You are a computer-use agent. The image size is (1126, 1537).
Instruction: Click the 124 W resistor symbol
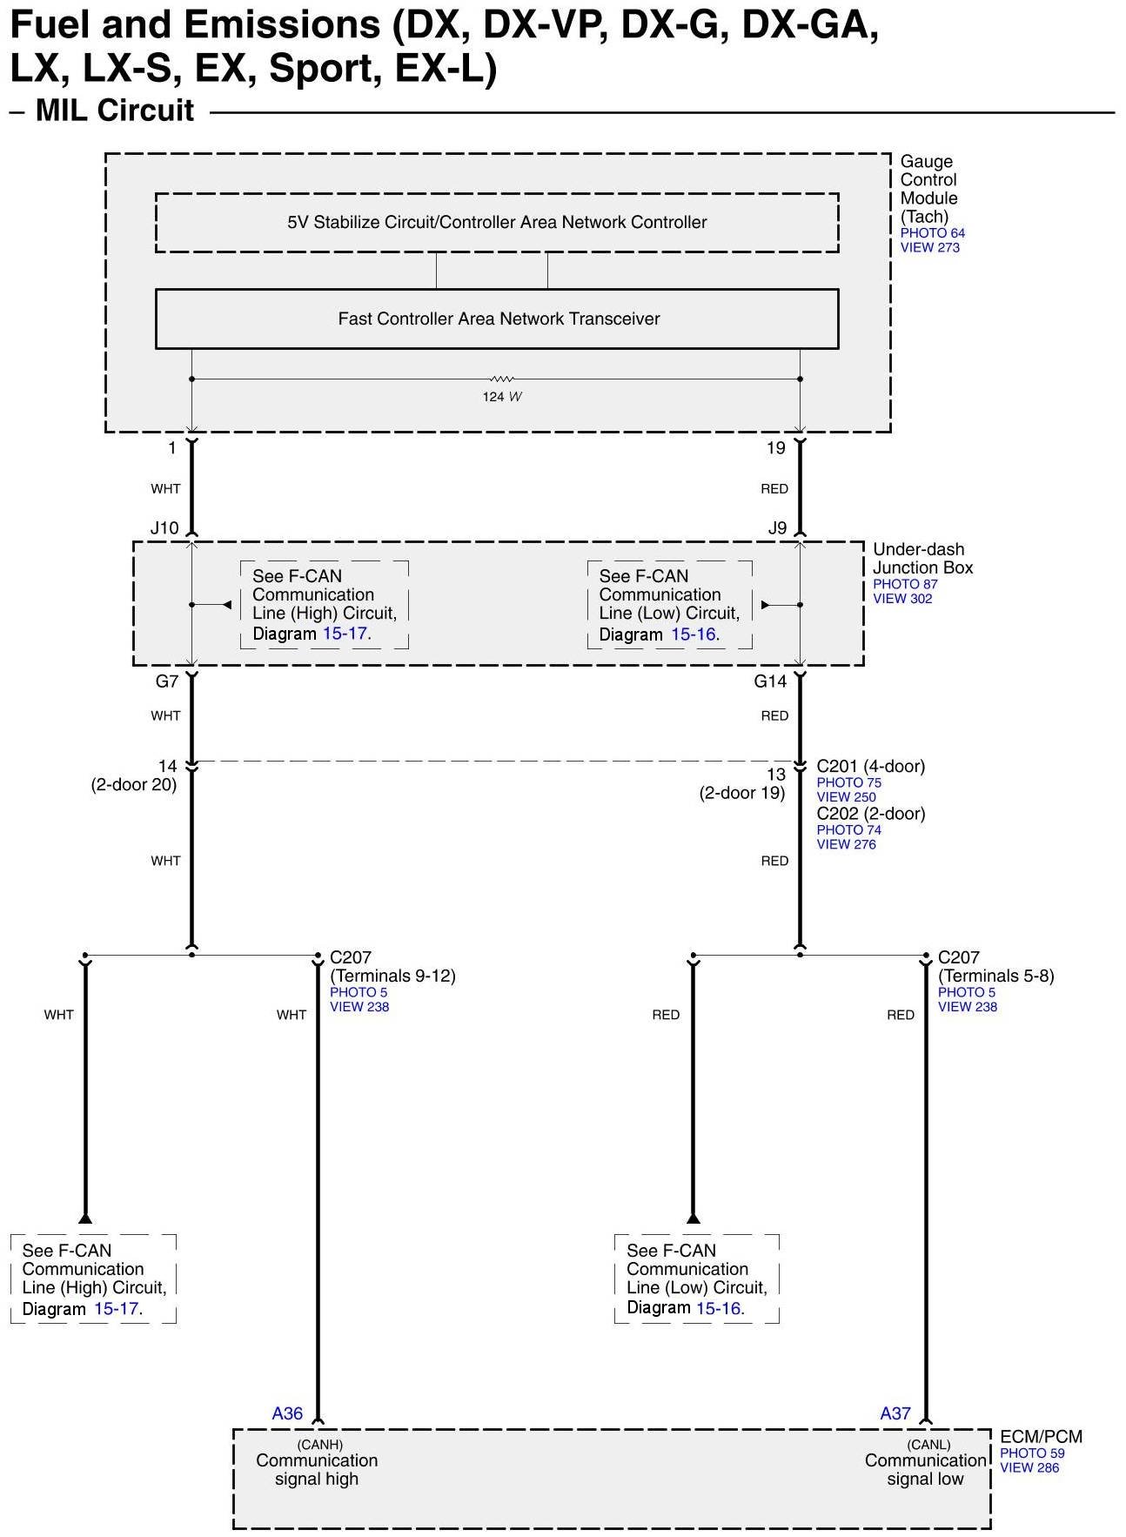point(501,379)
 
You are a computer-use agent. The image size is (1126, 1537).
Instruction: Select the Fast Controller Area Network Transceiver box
point(497,319)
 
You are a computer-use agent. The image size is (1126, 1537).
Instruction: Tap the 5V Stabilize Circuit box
point(497,223)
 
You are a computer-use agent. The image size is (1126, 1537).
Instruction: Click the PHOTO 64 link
point(932,233)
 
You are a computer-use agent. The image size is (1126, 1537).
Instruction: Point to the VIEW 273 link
point(929,248)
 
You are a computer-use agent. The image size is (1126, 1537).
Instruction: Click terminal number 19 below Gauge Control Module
point(775,448)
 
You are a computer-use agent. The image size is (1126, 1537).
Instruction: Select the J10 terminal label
point(164,528)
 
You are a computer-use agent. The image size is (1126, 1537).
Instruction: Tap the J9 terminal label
point(777,528)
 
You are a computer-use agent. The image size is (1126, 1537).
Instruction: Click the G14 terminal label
point(770,681)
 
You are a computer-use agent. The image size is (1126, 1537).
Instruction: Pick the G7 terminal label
point(167,681)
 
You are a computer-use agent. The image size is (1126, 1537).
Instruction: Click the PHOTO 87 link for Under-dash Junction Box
point(905,584)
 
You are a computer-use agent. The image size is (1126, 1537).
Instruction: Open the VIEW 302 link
point(902,599)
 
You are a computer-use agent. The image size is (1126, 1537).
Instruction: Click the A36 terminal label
point(287,1413)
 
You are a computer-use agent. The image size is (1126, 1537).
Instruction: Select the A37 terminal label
point(895,1413)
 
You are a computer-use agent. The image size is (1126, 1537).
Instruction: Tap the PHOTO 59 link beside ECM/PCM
point(1032,1453)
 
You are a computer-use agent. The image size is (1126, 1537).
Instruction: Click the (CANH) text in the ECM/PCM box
point(319,1445)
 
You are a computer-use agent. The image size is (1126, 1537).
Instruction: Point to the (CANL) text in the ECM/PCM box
point(928,1445)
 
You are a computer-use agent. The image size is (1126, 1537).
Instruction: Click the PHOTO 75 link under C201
point(848,782)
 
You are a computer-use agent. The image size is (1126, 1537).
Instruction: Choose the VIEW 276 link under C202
point(846,844)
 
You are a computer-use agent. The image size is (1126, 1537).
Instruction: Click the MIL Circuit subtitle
point(115,111)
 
